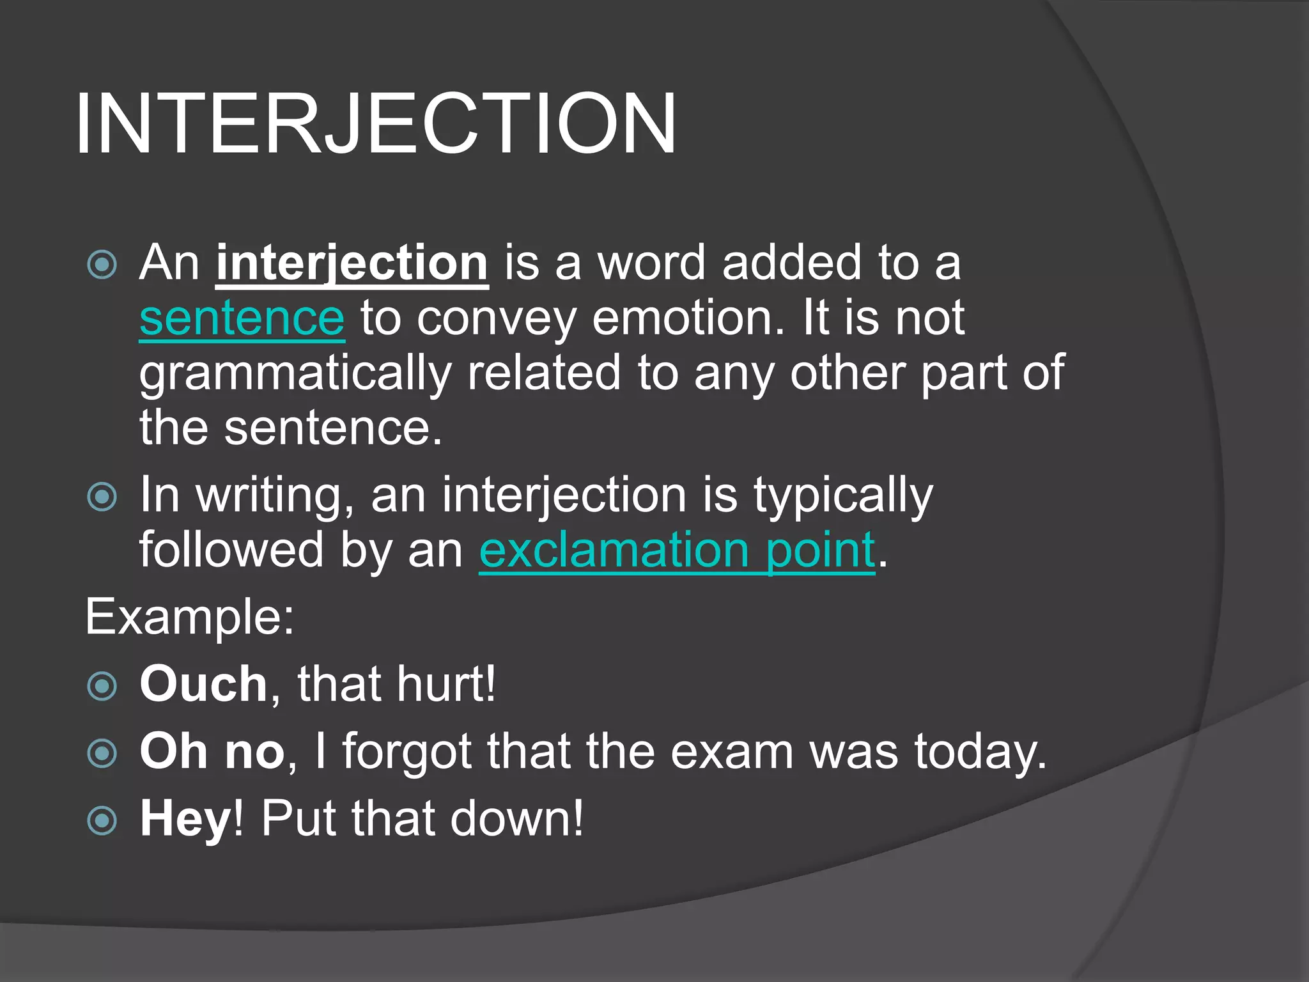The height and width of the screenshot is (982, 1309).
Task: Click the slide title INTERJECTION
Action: click(375, 123)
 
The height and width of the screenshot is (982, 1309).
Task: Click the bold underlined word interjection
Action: click(352, 263)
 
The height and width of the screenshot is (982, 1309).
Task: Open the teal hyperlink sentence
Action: click(242, 318)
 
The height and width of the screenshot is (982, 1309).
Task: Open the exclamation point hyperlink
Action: click(677, 550)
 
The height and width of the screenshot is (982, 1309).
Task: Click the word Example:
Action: click(190, 617)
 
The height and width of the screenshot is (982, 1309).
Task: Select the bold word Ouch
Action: click(203, 684)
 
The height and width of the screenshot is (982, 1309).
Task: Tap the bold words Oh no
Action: click(212, 751)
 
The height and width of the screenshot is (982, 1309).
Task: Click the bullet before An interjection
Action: click(102, 264)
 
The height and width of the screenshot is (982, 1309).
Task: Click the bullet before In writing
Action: click(102, 497)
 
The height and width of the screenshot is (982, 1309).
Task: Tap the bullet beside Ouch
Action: click(102, 686)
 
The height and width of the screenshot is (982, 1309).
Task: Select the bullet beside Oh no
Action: click(102, 753)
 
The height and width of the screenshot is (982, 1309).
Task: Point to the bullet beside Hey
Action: click(102, 820)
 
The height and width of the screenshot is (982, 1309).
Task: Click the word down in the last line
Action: click(516, 819)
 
